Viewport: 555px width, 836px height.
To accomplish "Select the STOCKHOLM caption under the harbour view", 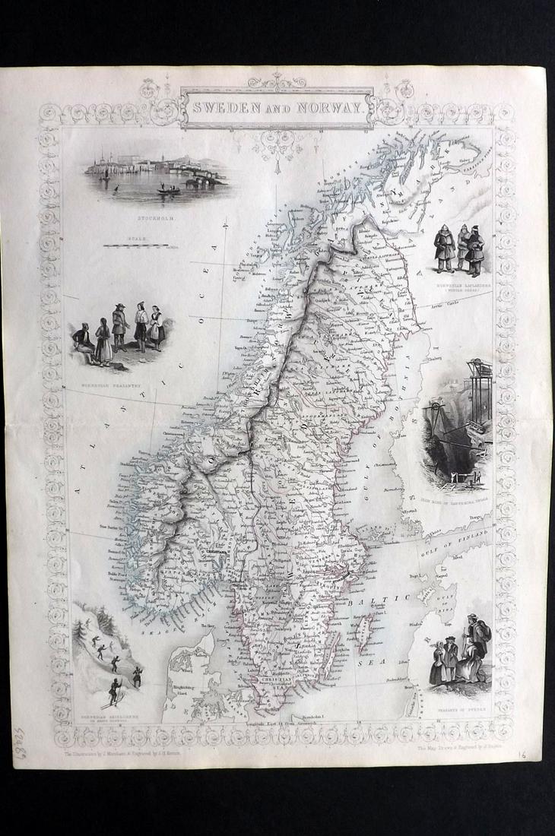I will point(157,217).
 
